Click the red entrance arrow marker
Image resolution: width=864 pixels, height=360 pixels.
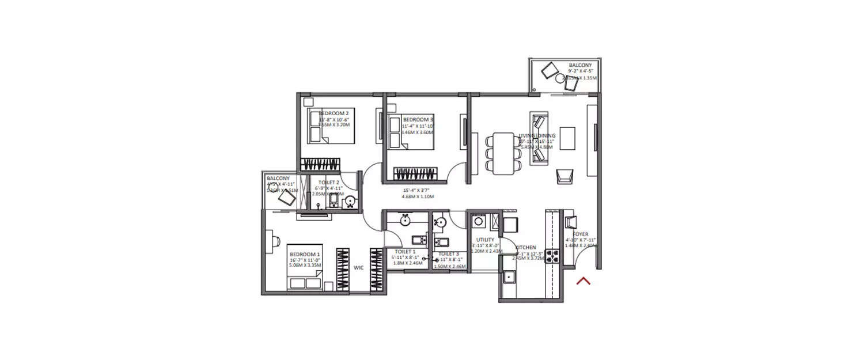coord(583,281)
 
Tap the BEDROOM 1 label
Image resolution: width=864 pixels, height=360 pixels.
coord(305,254)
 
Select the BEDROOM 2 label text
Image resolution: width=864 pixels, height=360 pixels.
coord(334,113)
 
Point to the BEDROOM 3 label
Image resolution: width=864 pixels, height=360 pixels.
coord(418,120)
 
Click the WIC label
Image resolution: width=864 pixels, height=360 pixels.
coord(359,267)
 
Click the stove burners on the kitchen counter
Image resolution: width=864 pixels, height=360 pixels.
coord(554,256)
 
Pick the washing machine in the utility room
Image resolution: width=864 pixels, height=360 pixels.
coord(478,222)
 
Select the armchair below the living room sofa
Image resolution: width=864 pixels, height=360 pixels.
coord(564,176)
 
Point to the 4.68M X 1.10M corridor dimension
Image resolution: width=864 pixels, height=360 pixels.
coord(418,196)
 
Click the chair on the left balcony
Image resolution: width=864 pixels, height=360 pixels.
coord(286,198)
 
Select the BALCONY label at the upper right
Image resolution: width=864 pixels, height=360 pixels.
coord(579,66)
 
